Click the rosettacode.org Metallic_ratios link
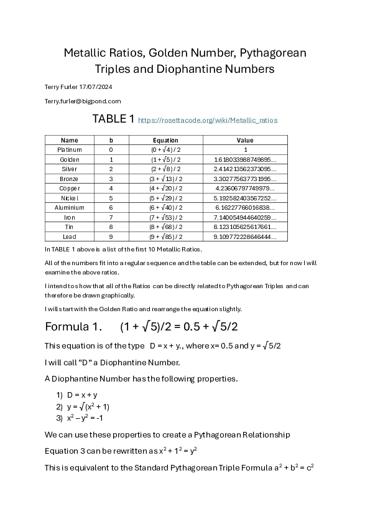click(208, 120)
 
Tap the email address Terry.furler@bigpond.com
click(83, 101)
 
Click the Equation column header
click(165, 141)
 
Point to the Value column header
click(245, 141)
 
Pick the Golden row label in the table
click(69, 159)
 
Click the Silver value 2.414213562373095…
click(245, 169)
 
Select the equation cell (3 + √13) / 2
click(165, 179)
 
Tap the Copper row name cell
click(69, 188)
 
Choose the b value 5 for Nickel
click(111, 198)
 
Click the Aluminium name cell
click(69, 207)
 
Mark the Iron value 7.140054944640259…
click(245, 217)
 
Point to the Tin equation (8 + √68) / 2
click(165, 227)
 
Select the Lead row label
click(69, 236)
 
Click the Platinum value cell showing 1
click(245, 150)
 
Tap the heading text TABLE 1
click(113, 119)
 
